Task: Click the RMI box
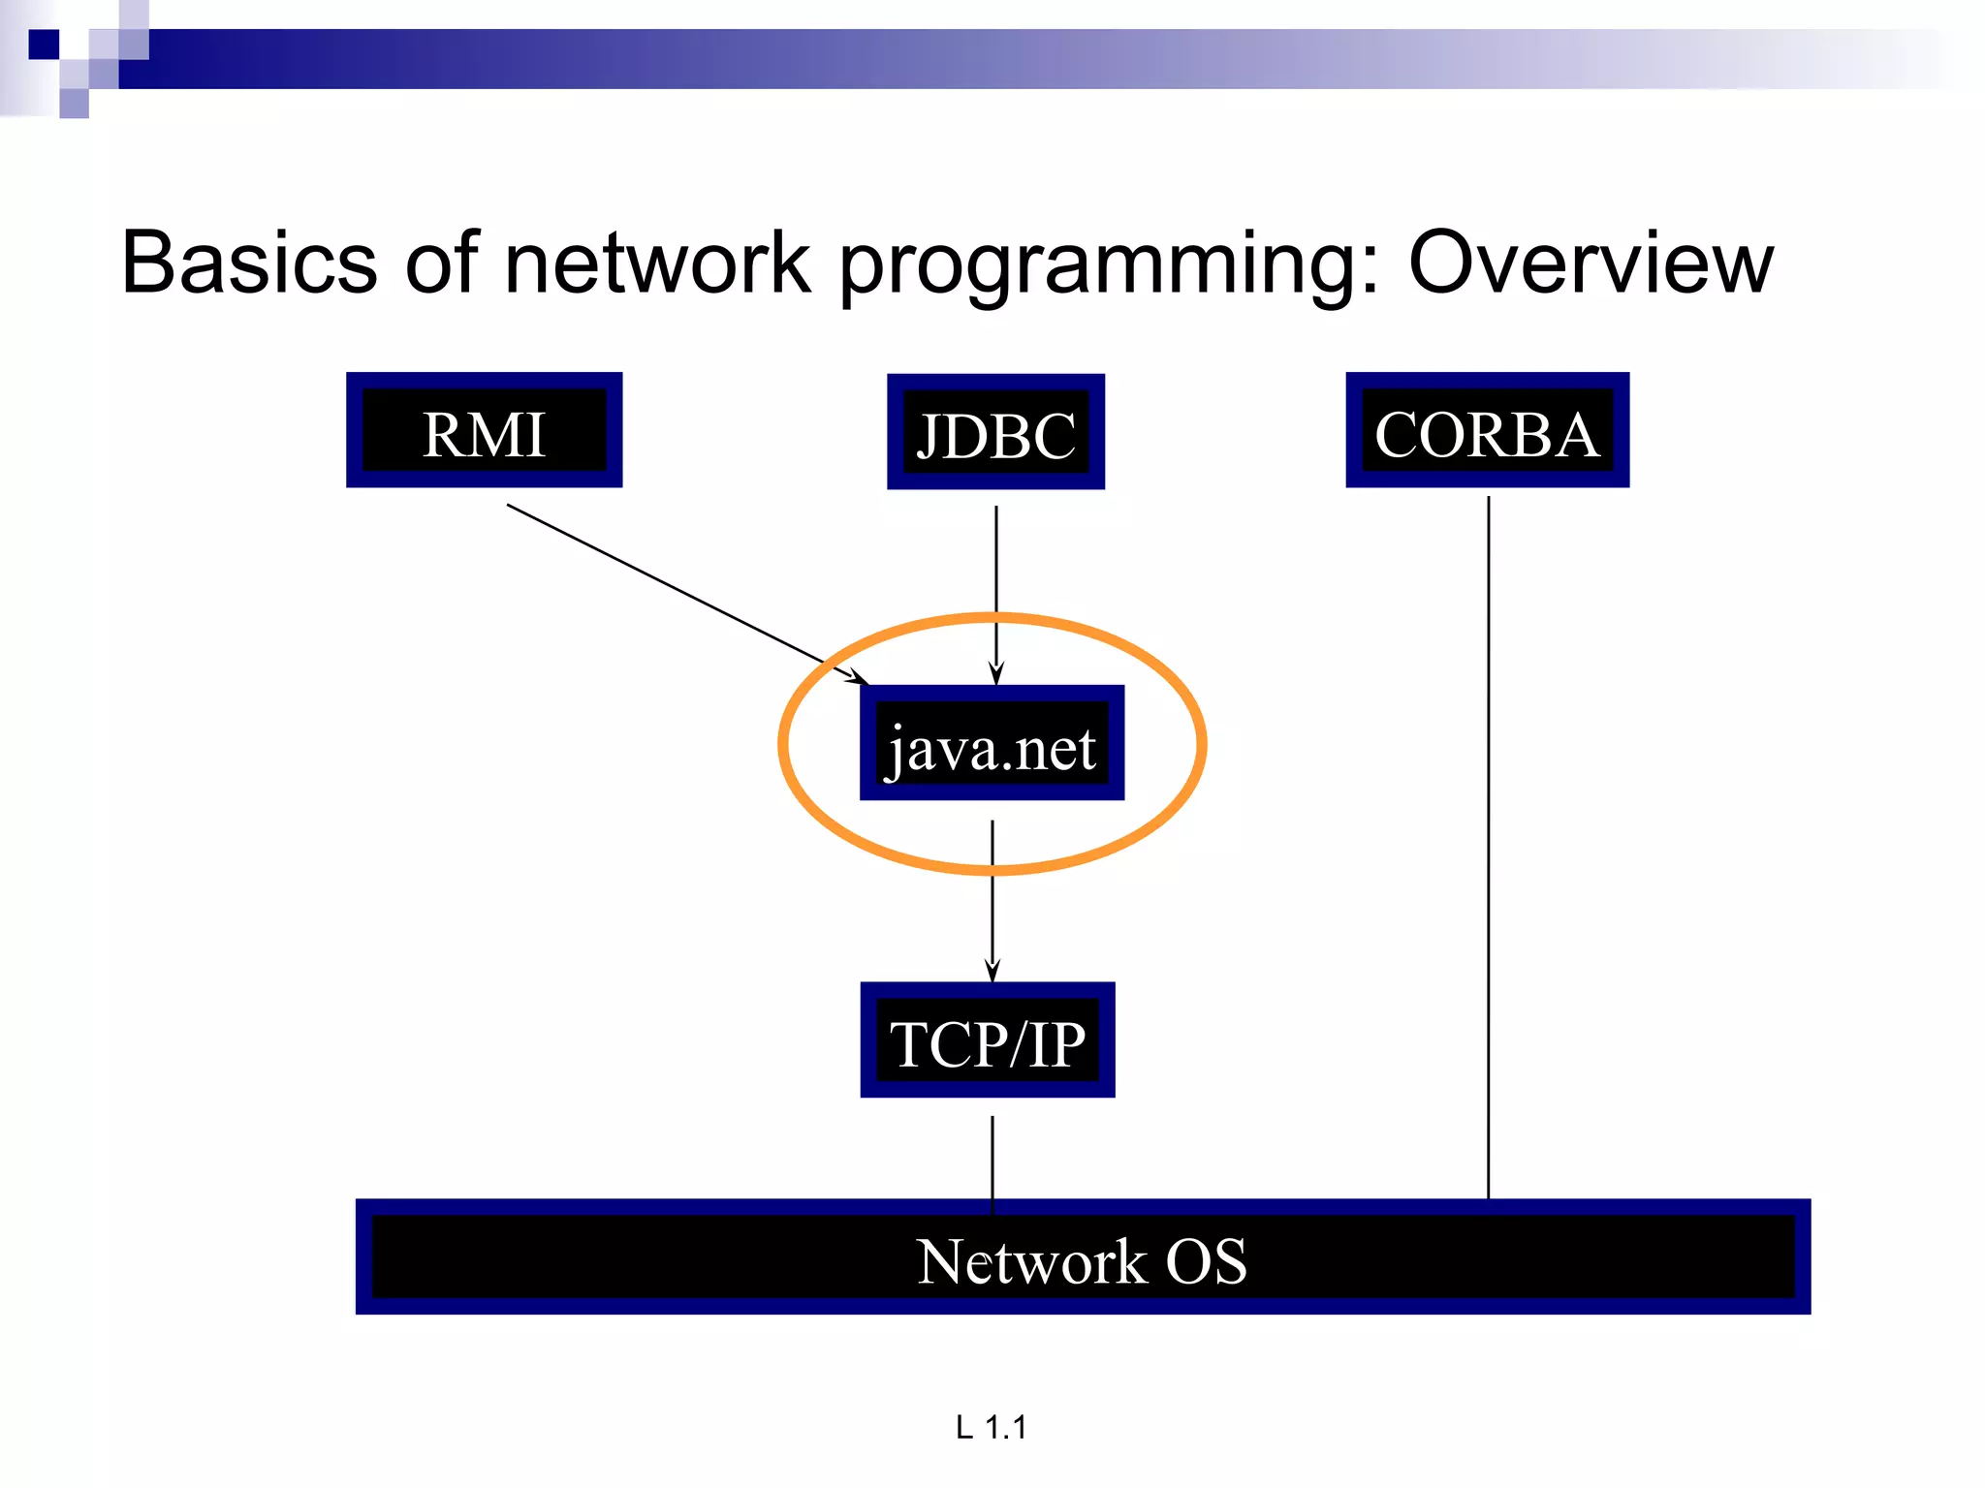[484, 430]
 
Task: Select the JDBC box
[995, 432]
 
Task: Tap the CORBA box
[1487, 430]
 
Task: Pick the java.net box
[992, 743]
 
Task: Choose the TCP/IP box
[988, 1040]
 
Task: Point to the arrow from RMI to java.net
[678, 591]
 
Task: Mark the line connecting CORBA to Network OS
[1489, 843]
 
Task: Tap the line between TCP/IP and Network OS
[992, 1158]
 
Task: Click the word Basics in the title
[249, 263]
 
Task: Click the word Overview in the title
[1591, 263]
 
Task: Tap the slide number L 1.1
[991, 1427]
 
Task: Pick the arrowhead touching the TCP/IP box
[992, 971]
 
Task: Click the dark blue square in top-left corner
[44, 45]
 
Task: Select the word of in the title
[441, 263]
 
